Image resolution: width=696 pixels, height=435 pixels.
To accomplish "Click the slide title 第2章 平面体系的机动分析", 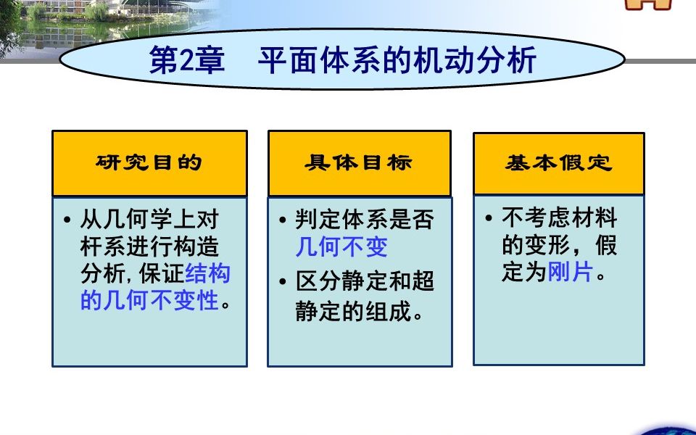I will point(342,61).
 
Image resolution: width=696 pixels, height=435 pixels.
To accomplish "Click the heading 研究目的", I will point(149,162).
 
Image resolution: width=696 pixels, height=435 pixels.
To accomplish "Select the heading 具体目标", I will point(359,162).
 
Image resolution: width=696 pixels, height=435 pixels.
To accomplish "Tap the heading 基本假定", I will point(559,162).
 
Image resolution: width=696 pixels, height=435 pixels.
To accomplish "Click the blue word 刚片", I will point(571,273).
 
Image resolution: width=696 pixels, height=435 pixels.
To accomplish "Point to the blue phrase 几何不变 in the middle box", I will point(341,247).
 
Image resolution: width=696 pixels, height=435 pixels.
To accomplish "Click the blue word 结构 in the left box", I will point(208,273).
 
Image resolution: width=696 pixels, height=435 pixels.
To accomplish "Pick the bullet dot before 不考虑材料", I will point(489,218).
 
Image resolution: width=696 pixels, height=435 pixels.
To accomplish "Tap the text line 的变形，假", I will point(559,246).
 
